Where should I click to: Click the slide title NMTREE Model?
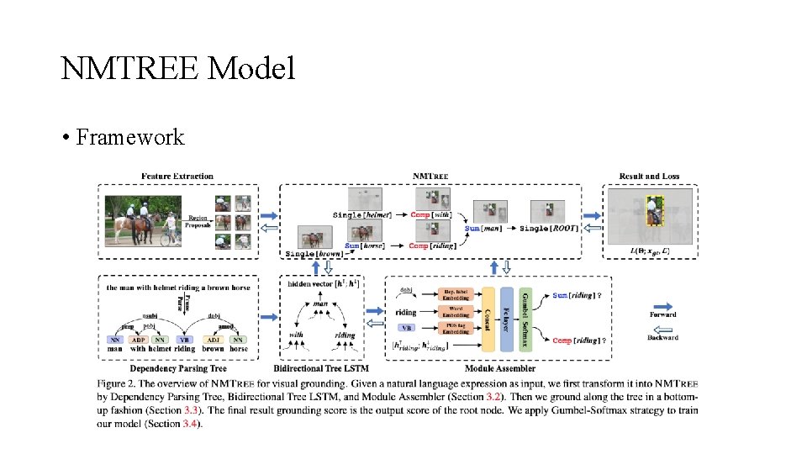(x=177, y=68)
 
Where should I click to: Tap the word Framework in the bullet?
(x=129, y=137)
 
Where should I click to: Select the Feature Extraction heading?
(x=177, y=176)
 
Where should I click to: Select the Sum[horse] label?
(x=364, y=245)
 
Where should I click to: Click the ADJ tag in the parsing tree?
(x=214, y=339)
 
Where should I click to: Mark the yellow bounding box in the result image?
(x=653, y=211)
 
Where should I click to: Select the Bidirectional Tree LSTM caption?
(x=321, y=368)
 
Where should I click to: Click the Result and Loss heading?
(x=649, y=176)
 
